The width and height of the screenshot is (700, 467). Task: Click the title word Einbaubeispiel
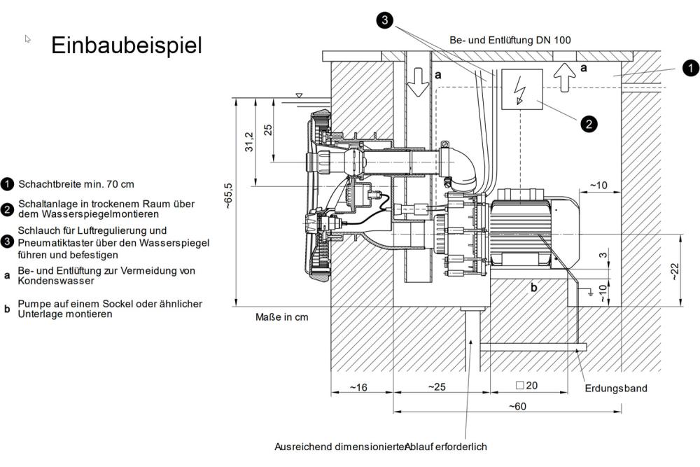coord(126,46)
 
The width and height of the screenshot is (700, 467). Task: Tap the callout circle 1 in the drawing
coord(690,68)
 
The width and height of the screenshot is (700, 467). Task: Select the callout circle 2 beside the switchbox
coord(589,124)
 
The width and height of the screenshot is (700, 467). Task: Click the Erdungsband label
coord(616,388)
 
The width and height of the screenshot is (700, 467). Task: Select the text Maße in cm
coord(282,317)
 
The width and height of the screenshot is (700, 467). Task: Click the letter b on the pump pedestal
coord(533,287)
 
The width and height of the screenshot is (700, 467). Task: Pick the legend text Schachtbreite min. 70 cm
coord(76,184)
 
